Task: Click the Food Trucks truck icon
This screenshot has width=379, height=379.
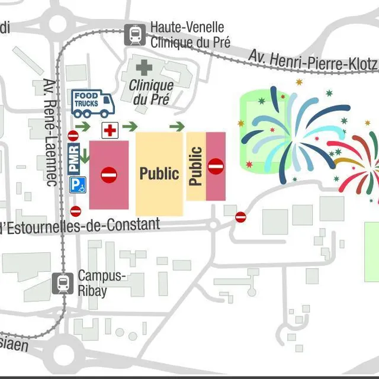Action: pyautogui.click(x=92, y=104)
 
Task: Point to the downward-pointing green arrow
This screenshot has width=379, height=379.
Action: pyautogui.click(x=86, y=156)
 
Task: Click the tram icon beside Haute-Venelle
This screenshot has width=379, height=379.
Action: pyautogui.click(x=135, y=35)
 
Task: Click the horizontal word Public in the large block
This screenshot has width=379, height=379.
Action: pyautogui.click(x=159, y=174)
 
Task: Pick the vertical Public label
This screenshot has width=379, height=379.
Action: pyautogui.click(x=196, y=166)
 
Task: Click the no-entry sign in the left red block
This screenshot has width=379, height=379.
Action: pyautogui.click(x=109, y=175)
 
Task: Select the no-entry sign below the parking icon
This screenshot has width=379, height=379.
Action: pyautogui.click(x=76, y=211)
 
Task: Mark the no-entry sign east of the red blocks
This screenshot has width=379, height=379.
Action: pyautogui.click(x=240, y=217)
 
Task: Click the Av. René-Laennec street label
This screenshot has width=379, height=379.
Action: pyautogui.click(x=50, y=133)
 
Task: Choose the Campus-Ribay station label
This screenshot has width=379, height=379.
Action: pyautogui.click(x=101, y=283)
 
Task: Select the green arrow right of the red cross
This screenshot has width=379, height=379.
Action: pyautogui.click(x=130, y=126)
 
